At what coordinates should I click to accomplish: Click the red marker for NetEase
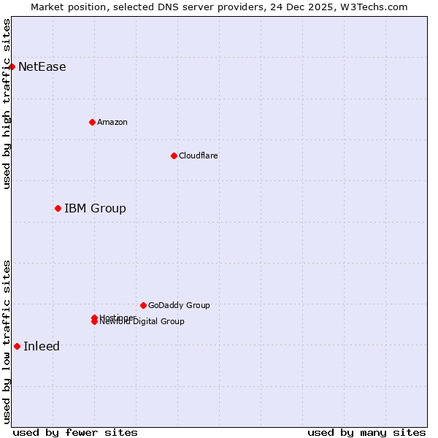pos(12,67)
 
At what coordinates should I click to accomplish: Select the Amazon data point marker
pos(92,122)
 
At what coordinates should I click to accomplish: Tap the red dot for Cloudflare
pos(174,155)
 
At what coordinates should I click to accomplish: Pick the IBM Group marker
pos(58,209)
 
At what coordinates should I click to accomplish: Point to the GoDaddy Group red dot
pos(143,305)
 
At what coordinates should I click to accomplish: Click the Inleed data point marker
pos(17,346)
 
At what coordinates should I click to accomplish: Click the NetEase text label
pos(42,67)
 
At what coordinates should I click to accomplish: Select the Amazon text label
pos(112,122)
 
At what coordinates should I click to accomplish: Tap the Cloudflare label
pos(199,155)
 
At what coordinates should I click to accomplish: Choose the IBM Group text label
pos(95,209)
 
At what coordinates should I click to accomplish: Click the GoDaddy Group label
pos(179,305)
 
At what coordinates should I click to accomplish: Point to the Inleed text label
pos(42,346)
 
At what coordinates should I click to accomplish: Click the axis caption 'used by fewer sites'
pos(75,432)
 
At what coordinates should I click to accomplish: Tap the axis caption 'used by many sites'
pos(366,432)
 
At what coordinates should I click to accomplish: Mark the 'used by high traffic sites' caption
pos(7,104)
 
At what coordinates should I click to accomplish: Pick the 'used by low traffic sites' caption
pos(7,342)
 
